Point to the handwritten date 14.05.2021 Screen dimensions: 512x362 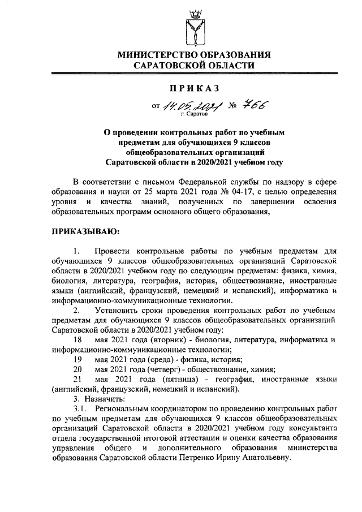[189, 106]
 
